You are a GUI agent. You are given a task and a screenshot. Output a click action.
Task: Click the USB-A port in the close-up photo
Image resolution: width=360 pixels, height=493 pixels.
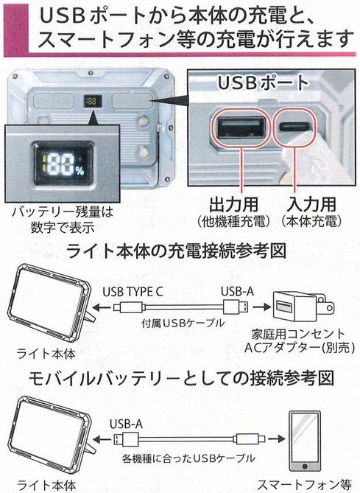pyautogui.click(x=241, y=127)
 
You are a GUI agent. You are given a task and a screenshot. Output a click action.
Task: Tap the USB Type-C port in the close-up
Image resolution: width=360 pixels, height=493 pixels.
pyautogui.click(x=294, y=127)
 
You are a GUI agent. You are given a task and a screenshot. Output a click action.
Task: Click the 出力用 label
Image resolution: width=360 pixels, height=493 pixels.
pyautogui.click(x=234, y=204)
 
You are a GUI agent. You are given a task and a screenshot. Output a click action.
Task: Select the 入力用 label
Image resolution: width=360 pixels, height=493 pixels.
pyautogui.click(x=311, y=204)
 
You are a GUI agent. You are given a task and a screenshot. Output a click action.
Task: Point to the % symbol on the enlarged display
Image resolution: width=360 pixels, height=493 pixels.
pyautogui.click(x=80, y=171)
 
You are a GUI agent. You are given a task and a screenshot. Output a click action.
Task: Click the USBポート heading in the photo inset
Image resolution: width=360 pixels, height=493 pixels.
pyautogui.click(x=264, y=83)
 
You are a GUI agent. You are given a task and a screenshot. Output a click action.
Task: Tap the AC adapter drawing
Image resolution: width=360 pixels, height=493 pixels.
pyautogui.click(x=303, y=307)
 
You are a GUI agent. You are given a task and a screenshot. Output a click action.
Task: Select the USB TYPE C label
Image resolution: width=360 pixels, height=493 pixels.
pyautogui.click(x=133, y=292)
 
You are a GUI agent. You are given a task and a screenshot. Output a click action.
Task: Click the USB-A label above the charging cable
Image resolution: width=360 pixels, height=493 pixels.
pyautogui.click(x=237, y=292)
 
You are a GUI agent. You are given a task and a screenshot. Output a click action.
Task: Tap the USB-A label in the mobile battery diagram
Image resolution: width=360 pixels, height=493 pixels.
pyautogui.click(x=126, y=424)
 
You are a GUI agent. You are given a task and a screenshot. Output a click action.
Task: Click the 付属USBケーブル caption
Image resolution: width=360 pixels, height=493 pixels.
pyautogui.click(x=183, y=323)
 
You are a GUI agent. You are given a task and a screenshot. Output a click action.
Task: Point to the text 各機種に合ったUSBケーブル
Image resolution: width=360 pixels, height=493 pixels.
pyautogui.click(x=188, y=458)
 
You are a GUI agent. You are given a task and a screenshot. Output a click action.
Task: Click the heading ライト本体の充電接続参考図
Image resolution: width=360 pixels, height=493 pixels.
pyautogui.click(x=177, y=251)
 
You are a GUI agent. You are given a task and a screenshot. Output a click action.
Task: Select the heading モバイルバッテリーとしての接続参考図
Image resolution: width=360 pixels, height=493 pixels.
pyautogui.click(x=181, y=378)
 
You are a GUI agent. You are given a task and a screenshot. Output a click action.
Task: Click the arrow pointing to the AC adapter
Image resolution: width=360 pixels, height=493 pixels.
pyautogui.click(x=261, y=307)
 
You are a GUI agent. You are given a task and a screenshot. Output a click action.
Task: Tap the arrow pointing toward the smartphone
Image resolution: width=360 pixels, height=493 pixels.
pyautogui.click(x=276, y=438)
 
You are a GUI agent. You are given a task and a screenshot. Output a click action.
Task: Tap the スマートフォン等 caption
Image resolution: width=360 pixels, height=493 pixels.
pyautogui.click(x=304, y=485)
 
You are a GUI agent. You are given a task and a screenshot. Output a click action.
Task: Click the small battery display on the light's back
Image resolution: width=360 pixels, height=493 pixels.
pyautogui.click(x=90, y=101)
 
